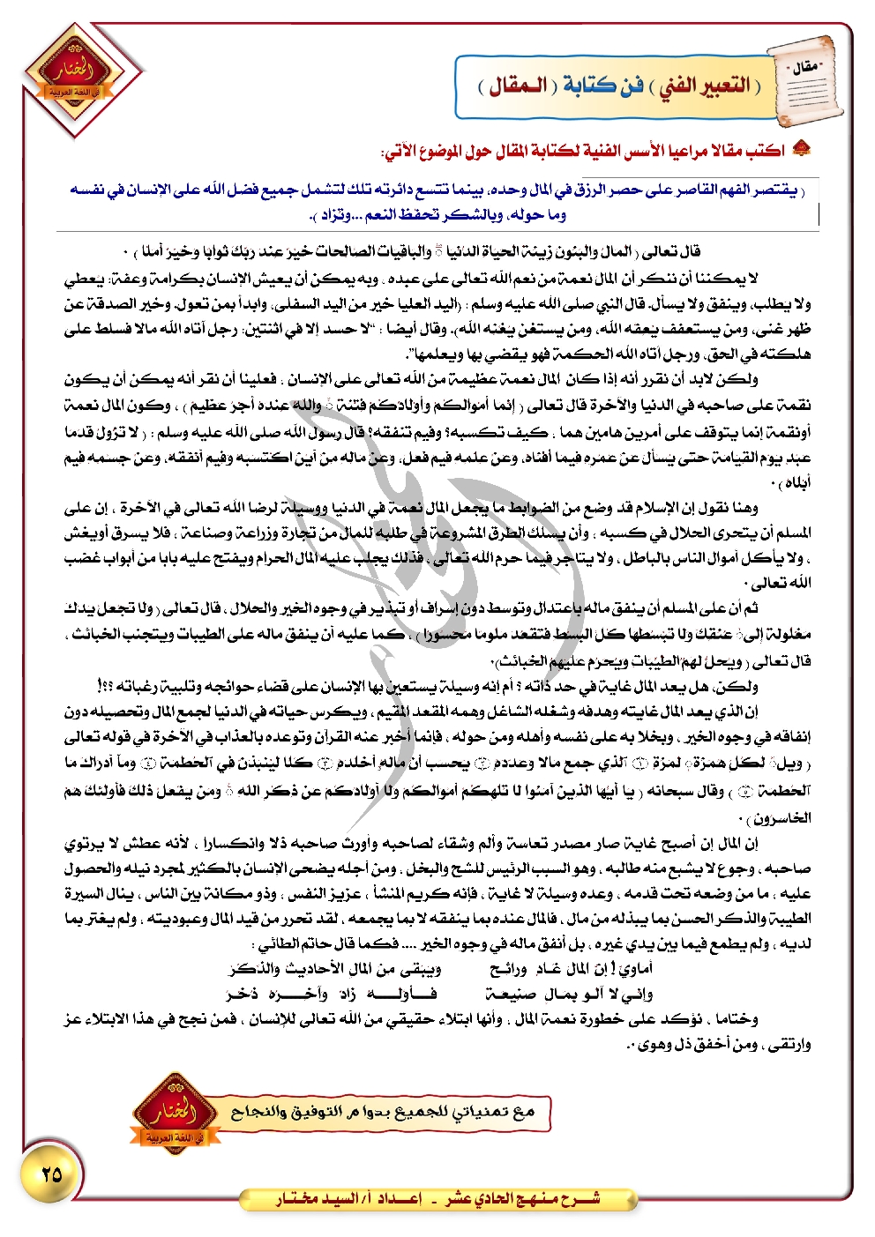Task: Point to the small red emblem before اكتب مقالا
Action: pos(801,149)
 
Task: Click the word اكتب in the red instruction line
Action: pos(765,151)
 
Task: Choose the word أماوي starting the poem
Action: pos(634,969)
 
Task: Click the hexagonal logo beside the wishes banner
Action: pos(174,1113)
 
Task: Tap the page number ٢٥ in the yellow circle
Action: pos(52,1174)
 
